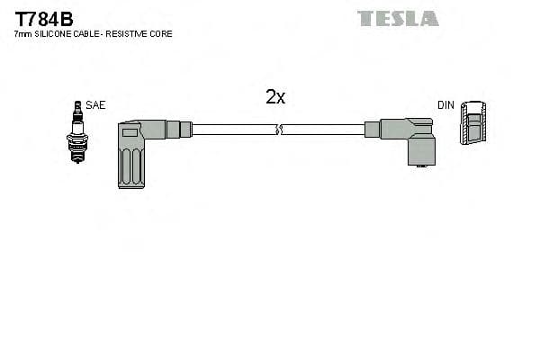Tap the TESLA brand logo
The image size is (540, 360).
coord(398,18)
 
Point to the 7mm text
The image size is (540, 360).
coord(22,34)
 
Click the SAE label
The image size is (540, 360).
coord(96,105)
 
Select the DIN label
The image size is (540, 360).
coord(445,105)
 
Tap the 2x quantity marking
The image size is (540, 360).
coord(275,97)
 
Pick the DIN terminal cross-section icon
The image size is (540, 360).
coord(474,125)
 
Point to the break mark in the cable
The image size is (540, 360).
coord(278,130)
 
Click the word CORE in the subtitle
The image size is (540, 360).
coord(162,34)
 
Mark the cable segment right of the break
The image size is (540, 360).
coord(324,130)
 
